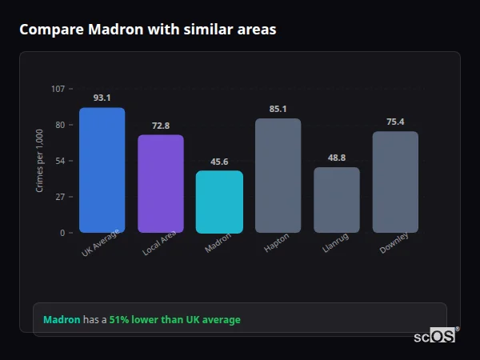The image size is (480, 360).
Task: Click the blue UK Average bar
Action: [102, 170]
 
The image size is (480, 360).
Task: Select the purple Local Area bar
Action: [161, 184]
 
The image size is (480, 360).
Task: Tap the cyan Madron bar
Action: [219, 202]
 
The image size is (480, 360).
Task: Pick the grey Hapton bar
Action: [278, 176]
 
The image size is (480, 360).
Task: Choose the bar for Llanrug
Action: [337, 200]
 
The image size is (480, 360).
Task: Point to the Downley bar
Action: [395, 182]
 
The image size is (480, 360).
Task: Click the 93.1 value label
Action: [102, 98]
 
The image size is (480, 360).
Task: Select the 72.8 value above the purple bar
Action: [161, 126]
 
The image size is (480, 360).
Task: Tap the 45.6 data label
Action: [219, 162]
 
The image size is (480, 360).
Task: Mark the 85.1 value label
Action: [278, 109]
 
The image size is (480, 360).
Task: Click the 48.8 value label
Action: [337, 158]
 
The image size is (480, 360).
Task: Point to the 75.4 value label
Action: [395, 122]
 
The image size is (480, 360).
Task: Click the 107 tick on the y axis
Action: [58, 89]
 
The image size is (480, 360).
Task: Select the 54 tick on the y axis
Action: [60, 161]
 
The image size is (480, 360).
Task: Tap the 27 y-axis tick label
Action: [60, 197]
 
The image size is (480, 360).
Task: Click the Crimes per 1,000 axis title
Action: [40, 161]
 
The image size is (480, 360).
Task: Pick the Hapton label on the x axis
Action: [276, 243]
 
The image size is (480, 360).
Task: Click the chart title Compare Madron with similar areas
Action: [148, 30]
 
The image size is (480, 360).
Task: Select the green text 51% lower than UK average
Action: [174, 320]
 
